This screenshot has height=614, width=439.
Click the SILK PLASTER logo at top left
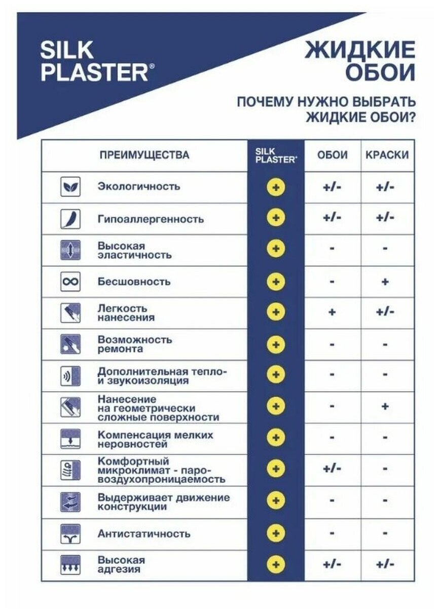(x=94, y=61)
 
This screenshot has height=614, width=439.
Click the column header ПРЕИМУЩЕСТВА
(x=144, y=155)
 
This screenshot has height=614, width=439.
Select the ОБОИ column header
(x=332, y=155)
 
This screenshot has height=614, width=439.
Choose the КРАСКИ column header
(x=386, y=155)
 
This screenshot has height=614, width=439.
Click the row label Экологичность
(x=138, y=186)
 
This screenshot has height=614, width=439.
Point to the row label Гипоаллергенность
(x=151, y=219)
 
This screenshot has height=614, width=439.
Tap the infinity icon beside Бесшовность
(x=70, y=281)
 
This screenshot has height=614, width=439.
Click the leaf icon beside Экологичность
(x=70, y=187)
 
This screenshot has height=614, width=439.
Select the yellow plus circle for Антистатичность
(x=276, y=533)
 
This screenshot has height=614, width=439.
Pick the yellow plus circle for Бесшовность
(x=276, y=281)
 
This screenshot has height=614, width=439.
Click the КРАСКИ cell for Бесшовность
(x=385, y=281)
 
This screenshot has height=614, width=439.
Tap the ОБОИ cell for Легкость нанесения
(x=332, y=312)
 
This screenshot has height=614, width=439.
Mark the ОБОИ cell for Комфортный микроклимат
(x=332, y=469)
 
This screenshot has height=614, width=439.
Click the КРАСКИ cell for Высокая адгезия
(x=385, y=564)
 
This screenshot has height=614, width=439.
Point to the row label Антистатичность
(x=144, y=533)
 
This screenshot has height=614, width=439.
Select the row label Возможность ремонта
(x=134, y=344)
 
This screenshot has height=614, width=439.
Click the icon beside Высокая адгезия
(x=70, y=564)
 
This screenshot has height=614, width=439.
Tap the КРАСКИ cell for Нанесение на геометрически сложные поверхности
(x=385, y=406)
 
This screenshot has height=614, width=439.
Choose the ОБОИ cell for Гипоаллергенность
(x=332, y=218)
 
